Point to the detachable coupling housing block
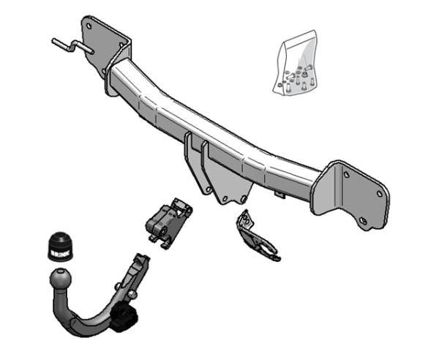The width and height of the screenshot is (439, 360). coord(168,220)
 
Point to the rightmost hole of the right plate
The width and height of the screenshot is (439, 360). coord(379,193)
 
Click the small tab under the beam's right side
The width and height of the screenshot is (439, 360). coord(279,194)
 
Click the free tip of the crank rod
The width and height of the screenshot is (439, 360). coord(56,41)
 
